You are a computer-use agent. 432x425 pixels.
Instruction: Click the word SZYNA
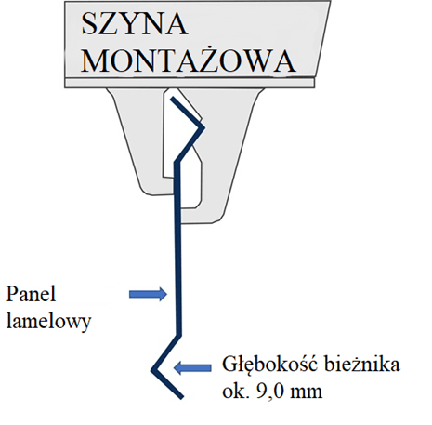click(135, 24)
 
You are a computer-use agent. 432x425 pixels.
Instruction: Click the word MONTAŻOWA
click(188, 60)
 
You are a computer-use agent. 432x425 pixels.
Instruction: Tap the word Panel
click(31, 294)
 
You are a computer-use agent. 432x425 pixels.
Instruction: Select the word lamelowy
click(48, 321)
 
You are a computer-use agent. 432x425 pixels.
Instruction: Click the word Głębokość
click(270, 365)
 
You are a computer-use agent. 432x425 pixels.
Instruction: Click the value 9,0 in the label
click(269, 392)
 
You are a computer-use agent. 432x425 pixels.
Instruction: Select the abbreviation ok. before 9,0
click(236, 391)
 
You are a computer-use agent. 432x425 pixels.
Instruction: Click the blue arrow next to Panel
click(148, 294)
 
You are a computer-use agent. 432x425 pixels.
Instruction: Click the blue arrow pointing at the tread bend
click(192, 368)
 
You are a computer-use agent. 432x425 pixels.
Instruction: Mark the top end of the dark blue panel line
click(172, 99)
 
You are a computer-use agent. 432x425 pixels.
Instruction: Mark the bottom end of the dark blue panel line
click(182, 397)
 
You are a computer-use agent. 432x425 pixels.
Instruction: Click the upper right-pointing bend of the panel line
click(203, 127)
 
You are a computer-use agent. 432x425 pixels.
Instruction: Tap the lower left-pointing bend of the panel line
click(152, 370)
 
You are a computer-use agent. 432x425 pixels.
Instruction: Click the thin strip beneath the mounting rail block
click(190, 83)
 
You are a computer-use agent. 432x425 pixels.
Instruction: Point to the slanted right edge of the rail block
click(322, 39)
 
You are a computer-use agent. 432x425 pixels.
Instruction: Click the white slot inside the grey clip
click(183, 149)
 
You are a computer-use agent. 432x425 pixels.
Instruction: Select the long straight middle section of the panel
click(177, 248)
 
